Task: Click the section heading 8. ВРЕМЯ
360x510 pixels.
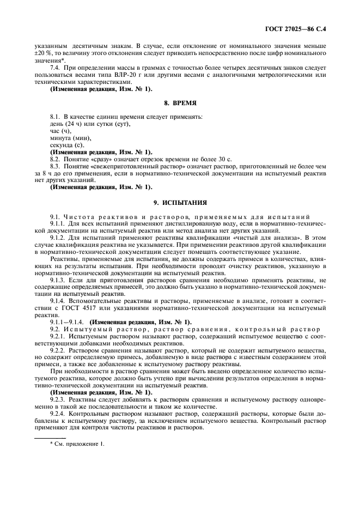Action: (180, 102)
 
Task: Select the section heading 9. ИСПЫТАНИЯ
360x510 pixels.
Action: (180, 202)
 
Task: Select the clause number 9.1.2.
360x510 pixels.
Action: (58, 237)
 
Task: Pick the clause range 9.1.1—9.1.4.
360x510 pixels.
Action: (68, 321)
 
